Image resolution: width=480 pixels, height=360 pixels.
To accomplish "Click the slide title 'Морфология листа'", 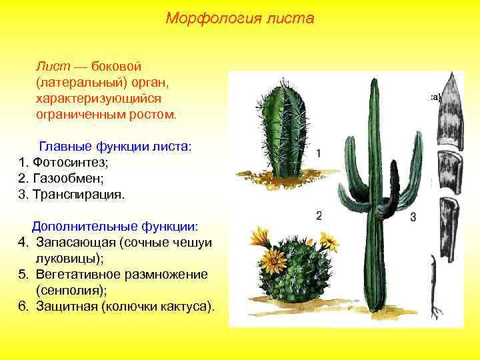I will (239, 18).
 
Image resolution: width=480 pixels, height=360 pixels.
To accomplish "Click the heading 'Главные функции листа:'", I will (115, 146).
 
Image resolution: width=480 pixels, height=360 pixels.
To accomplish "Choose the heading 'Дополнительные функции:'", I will (115, 226).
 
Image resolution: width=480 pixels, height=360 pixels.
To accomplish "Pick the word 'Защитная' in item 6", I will (65, 307).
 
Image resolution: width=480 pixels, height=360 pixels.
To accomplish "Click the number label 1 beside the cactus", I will (319, 153).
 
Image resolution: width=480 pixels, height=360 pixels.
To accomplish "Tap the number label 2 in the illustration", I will (319, 215).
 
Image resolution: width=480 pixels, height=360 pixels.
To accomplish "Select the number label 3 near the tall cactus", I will (413, 217).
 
